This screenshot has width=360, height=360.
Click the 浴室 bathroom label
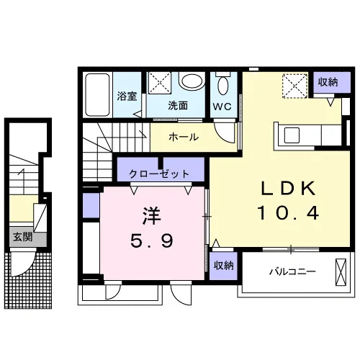(x=127, y=96)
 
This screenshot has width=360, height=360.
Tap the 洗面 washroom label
(x=178, y=106)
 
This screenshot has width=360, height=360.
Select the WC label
(x=222, y=107)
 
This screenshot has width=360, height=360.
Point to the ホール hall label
(x=184, y=137)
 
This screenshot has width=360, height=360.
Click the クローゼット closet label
(x=159, y=174)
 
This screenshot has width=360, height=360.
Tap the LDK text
(x=288, y=189)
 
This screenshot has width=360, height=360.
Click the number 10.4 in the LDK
(x=288, y=213)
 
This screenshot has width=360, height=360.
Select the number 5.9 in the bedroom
(x=152, y=240)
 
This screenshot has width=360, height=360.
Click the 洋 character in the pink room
(x=151, y=216)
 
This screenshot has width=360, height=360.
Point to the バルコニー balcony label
(x=292, y=272)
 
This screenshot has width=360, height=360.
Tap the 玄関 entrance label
(x=22, y=237)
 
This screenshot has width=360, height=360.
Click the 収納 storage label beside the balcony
(x=224, y=266)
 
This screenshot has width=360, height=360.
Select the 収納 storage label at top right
(x=328, y=82)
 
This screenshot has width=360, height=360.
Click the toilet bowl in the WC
(x=223, y=85)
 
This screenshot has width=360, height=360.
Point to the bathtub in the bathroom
(x=98, y=95)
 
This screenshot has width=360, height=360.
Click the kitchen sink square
(x=292, y=135)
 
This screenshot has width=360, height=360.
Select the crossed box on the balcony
(x=341, y=272)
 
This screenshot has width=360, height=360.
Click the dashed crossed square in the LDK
(x=295, y=86)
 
